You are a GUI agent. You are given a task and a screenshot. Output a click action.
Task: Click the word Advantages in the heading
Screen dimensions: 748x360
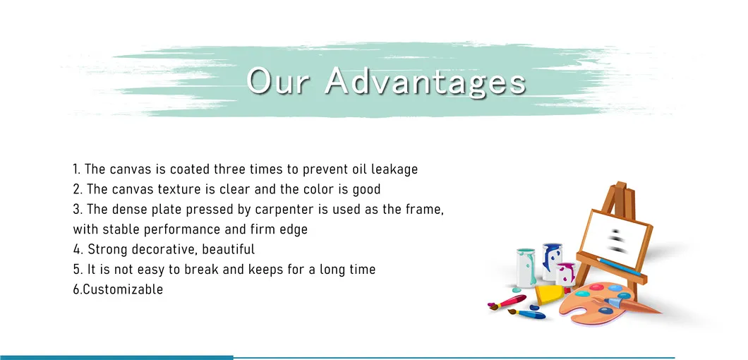(425, 81)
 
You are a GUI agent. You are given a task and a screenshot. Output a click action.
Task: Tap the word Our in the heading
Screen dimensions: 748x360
(277, 81)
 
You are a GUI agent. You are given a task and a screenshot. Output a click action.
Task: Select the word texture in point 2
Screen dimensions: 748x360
(176, 189)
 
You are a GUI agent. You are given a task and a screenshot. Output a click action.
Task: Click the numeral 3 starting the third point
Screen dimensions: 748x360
(76, 210)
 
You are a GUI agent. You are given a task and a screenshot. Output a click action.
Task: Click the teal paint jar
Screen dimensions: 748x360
(526, 268)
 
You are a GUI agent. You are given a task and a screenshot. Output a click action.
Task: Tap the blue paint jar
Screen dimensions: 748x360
(552, 262)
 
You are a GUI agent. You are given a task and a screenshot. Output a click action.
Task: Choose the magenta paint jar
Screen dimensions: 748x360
(566, 275)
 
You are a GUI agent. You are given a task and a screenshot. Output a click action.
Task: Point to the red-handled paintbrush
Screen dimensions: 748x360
(507, 302)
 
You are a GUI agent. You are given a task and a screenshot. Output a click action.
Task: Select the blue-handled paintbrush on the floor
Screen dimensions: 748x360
(526, 313)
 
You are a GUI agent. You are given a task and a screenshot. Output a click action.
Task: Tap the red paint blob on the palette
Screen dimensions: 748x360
(597, 287)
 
